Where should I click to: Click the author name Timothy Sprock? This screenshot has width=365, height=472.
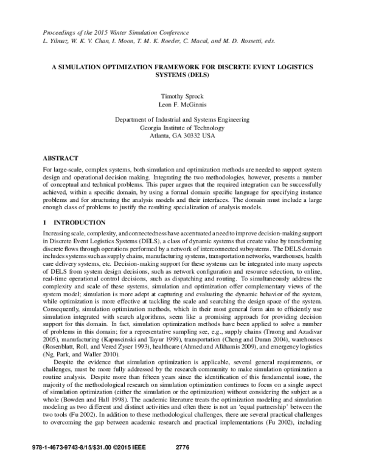(183, 96)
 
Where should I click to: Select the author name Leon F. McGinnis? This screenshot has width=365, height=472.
(183, 105)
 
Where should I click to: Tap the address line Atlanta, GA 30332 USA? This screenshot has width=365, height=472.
(183, 136)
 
